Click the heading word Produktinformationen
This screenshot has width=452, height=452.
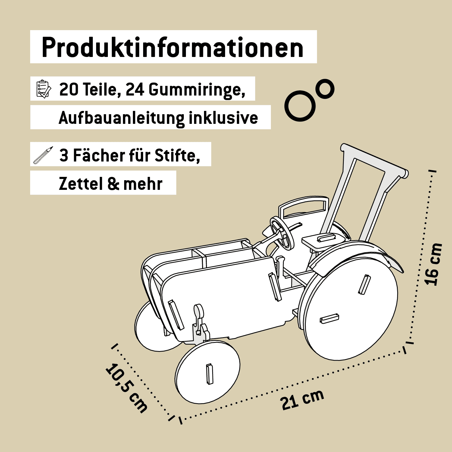point(173,48)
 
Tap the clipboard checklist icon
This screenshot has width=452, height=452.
point(43,89)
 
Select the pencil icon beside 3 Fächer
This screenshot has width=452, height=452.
point(43,155)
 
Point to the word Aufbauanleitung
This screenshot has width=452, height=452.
point(121,118)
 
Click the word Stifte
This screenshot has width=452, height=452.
point(177,156)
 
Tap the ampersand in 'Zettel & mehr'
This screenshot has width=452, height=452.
point(113,184)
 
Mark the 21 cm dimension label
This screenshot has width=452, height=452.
point(302,400)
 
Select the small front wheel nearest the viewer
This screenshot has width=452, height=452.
point(208,372)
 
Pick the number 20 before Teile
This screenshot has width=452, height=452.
point(69,89)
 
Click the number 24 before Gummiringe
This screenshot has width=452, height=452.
point(135,89)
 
